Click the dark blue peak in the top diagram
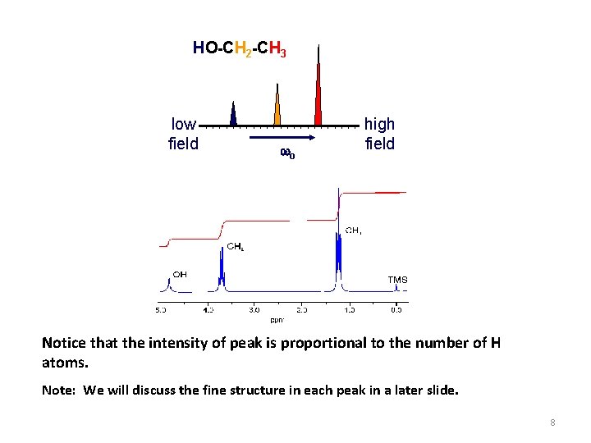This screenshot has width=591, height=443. [234, 115]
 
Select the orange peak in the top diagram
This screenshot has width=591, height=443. [277, 109]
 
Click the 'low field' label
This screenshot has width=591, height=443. [183, 134]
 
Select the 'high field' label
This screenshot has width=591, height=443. [379, 134]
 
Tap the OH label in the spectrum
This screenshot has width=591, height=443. [179, 274]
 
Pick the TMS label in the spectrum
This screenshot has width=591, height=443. [397, 280]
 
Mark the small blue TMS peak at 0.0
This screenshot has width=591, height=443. [396, 288]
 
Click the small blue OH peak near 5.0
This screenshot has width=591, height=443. [168, 285]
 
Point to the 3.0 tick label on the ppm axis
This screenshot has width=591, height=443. [254, 310]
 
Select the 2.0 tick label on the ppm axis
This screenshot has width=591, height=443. [302, 310]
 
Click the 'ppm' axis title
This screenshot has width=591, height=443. [278, 319]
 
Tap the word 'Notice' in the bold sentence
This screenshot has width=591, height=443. [64, 343]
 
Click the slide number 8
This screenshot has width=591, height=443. [553, 422]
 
